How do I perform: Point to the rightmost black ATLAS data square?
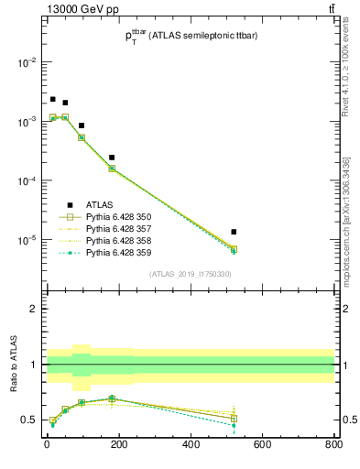[x=235, y=232]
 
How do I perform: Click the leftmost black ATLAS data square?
[x=53, y=99]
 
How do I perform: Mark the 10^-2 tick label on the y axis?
[x=27, y=62]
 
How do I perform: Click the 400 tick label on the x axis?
[x=191, y=446]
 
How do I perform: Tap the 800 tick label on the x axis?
[x=333, y=446]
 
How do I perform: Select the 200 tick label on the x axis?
[x=118, y=446]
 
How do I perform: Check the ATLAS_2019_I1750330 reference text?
[x=190, y=274]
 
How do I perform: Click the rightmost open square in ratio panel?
[x=235, y=419]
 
